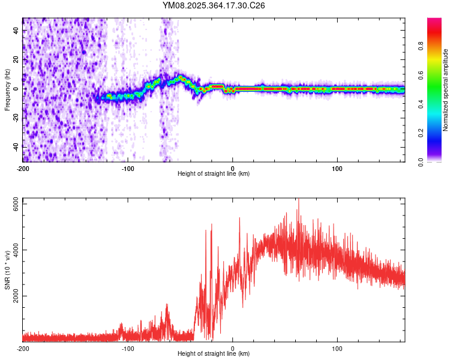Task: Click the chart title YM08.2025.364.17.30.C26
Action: (x=214, y=5)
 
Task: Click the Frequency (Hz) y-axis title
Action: (x=7, y=90)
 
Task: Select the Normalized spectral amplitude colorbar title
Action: (x=445, y=90)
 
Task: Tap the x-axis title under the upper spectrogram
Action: (x=214, y=173)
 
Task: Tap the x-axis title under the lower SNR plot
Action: (x=214, y=353)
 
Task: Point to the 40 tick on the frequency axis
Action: (x=16, y=31)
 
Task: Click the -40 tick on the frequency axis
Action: (x=16, y=146)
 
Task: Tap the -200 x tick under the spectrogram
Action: (x=23, y=168)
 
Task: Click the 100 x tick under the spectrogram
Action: (x=337, y=168)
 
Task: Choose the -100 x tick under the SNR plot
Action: (x=128, y=348)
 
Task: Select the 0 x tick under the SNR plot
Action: (x=233, y=348)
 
